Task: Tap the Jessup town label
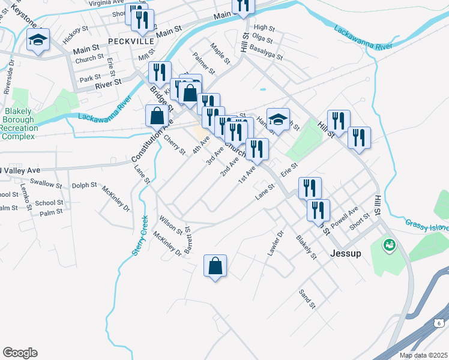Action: (x=346, y=253)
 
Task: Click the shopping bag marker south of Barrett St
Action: (x=215, y=266)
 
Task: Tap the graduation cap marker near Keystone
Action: (x=38, y=41)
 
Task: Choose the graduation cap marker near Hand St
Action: (x=278, y=119)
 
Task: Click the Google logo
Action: (x=20, y=353)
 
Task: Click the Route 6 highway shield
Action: (x=438, y=323)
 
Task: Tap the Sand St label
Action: (x=307, y=298)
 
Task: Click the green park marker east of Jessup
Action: (x=389, y=245)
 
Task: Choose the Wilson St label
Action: (x=170, y=224)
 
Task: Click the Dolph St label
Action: (x=84, y=185)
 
